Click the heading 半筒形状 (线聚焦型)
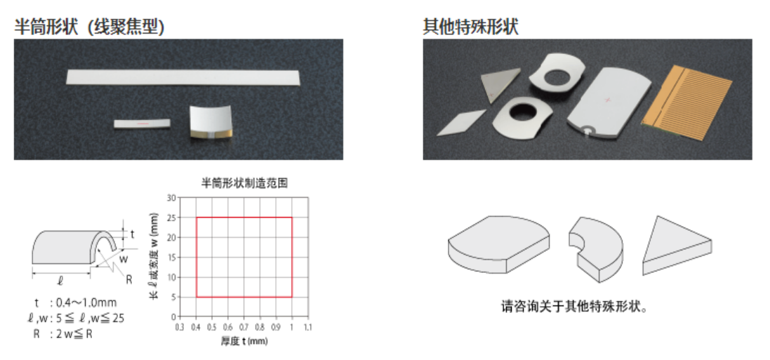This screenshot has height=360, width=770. point(89,26)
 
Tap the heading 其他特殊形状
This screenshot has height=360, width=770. point(470,26)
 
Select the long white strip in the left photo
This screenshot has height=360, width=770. point(183,77)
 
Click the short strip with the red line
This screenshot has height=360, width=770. point(142,124)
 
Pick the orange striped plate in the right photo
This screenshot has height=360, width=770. point(686,101)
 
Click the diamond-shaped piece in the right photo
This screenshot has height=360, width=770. point(460,122)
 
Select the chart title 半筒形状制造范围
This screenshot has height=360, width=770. point(244,184)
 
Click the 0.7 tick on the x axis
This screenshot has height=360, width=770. point(244,326)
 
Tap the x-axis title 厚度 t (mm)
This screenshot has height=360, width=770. point(244,341)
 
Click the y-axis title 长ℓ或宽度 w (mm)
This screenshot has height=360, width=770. point(154,256)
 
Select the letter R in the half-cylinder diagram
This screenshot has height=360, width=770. point(129,280)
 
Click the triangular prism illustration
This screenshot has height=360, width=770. point(677,246)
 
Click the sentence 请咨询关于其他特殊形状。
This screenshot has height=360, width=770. point(573,307)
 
